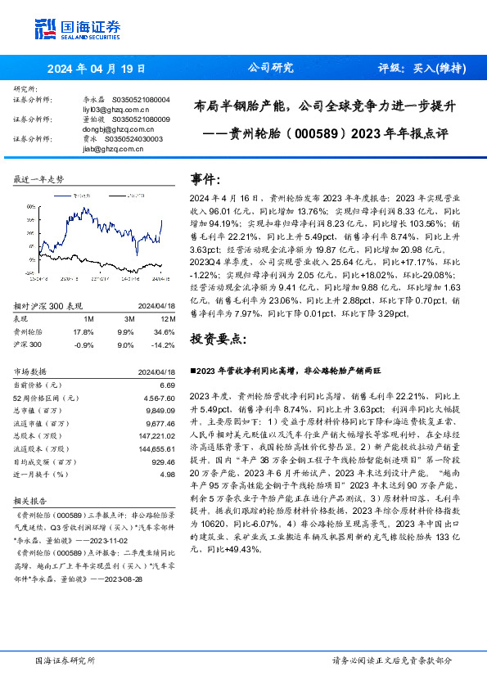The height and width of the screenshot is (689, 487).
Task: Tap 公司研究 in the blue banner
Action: pyautogui.click(x=271, y=69)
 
